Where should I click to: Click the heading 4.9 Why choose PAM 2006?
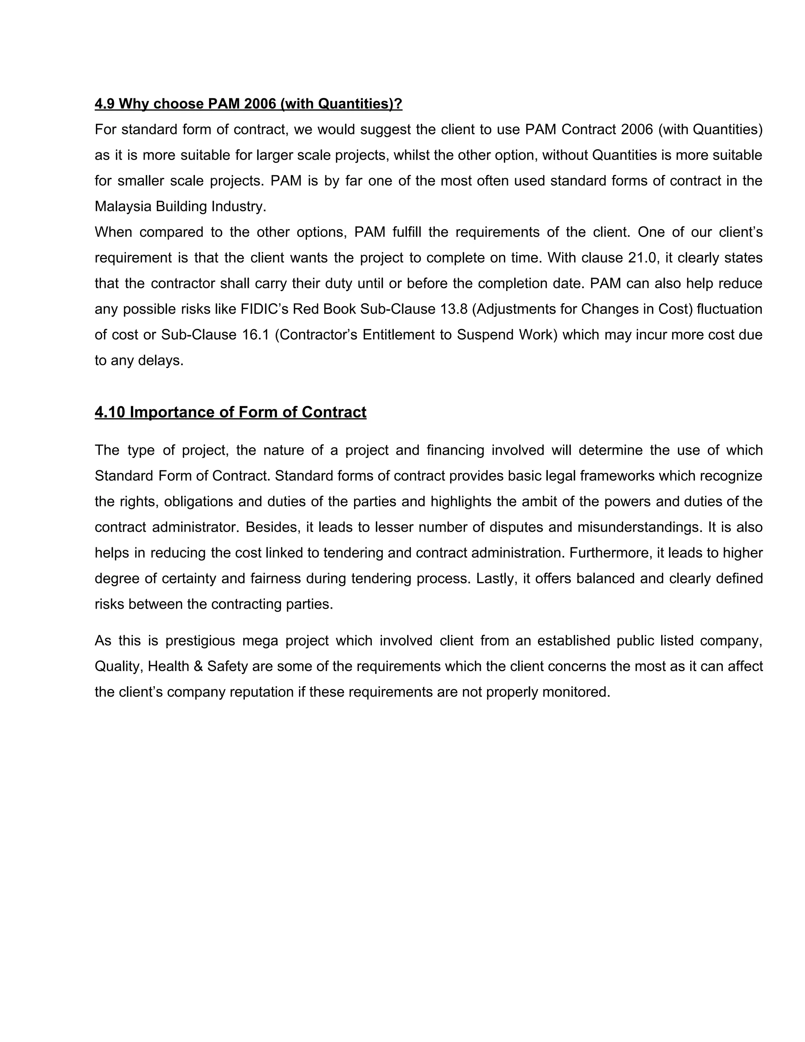pos(248,103)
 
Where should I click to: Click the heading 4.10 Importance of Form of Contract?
pos(230,412)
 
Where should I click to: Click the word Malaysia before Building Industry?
pos(123,206)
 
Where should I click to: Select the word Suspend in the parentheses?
pos(485,335)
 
